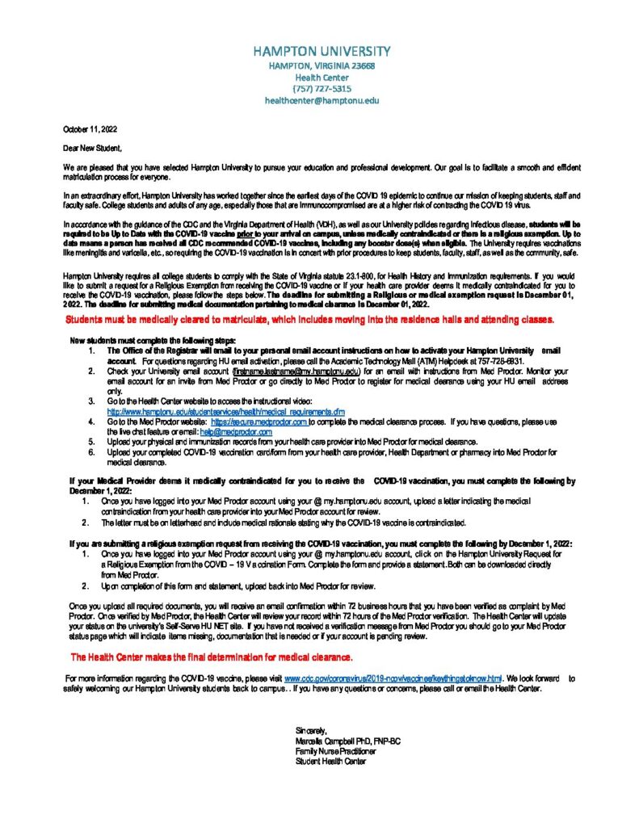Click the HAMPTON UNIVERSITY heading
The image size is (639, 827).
tap(321, 51)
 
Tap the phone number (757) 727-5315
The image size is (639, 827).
tap(321, 89)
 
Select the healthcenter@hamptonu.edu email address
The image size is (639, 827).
tap(321, 101)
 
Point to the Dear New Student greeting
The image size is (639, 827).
tap(93, 148)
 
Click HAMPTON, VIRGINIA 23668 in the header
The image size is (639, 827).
tap(321, 65)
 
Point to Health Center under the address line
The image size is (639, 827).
tap(321, 77)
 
